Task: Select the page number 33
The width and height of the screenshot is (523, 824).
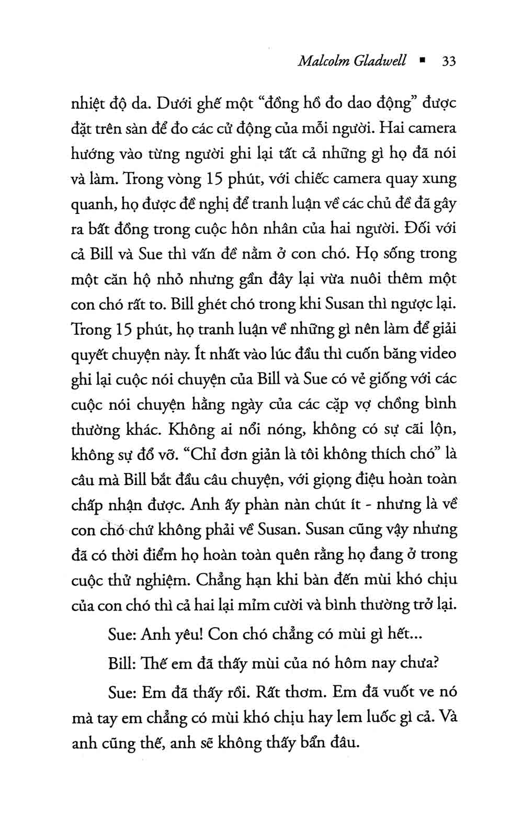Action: [x=449, y=61]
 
